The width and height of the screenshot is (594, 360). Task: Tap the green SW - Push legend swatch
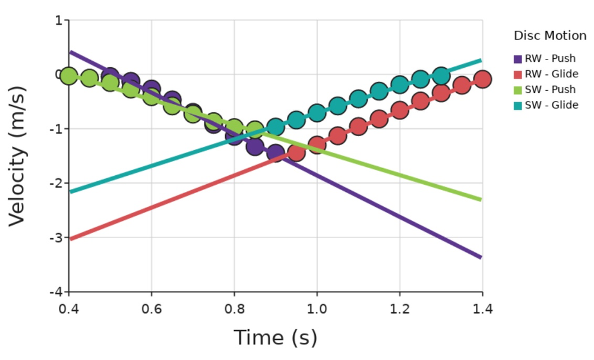(518, 90)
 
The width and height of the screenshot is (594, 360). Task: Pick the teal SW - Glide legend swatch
(518, 106)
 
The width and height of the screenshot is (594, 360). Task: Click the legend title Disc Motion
(550, 36)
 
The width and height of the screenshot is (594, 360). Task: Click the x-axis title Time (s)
(276, 337)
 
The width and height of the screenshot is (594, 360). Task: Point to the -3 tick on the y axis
(57, 238)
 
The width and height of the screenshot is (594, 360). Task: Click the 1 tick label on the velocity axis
(58, 20)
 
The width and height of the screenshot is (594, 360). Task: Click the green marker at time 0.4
(69, 76)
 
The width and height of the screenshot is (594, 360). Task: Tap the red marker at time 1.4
(482, 79)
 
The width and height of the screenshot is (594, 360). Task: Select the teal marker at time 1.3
(441, 75)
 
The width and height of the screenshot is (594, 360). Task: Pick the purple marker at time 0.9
(276, 153)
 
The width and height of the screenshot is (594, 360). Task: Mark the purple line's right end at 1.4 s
(481, 257)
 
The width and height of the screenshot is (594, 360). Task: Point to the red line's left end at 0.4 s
(70, 239)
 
